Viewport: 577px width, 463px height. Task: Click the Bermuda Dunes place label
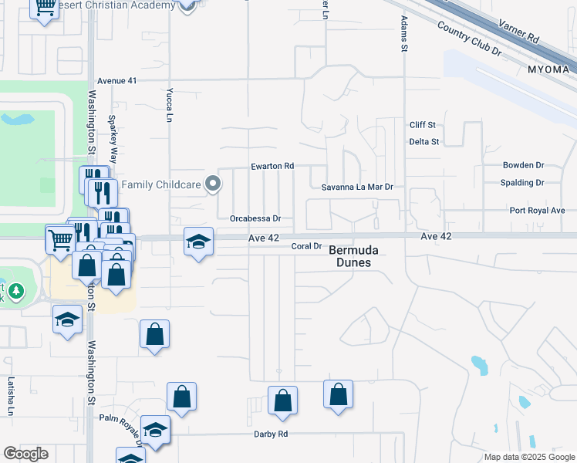pos(349,256)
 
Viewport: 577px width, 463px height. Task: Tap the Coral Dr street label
pos(306,246)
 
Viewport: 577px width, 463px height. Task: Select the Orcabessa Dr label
pos(255,218)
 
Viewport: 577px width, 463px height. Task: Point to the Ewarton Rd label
pos(272,166)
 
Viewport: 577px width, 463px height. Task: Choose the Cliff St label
pos(423,125)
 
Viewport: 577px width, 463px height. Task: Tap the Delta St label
pos(423,142)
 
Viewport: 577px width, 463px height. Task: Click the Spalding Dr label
pos(522,183)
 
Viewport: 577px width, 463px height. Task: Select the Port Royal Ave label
pos(537,210)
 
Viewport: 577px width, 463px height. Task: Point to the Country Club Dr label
pos(469,38)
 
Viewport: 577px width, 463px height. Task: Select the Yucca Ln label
pos(169,106)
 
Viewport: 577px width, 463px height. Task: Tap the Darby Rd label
pos(271,434)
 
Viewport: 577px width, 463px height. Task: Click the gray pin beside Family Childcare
pos(213,184)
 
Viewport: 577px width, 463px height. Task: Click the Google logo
pos(25,454)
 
